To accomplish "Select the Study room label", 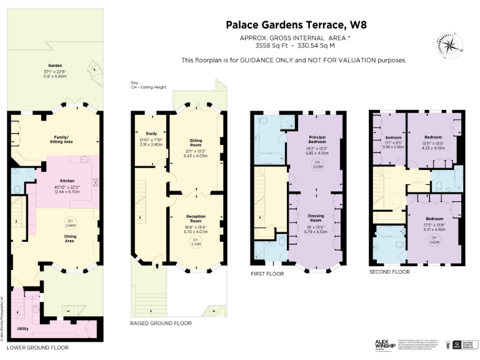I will point(151,133).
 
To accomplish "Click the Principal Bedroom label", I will point(319,139).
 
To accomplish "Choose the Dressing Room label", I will point(319,219).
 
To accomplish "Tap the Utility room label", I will point(22,327).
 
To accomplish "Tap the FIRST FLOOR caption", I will point(266,274).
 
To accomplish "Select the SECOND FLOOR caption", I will point(389,272).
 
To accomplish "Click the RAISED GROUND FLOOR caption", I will point(161,323).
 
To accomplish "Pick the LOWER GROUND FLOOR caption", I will point(37,347).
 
